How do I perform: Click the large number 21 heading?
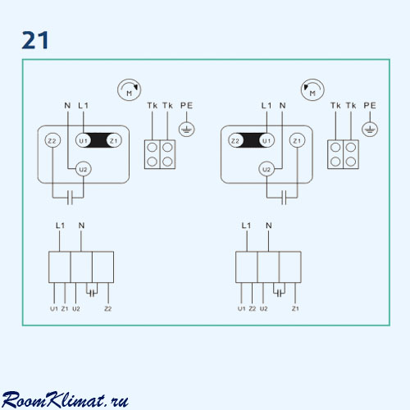35,40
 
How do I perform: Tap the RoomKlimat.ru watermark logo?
65,400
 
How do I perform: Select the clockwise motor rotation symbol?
130,90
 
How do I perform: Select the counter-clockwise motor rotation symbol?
312,90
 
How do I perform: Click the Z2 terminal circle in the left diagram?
52,141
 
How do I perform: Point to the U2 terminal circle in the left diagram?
83,170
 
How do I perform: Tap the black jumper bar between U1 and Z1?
98,140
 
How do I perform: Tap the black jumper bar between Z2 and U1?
251,140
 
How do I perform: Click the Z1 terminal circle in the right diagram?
297,141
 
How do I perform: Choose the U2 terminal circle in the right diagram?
266,170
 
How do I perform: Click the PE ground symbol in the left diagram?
187,130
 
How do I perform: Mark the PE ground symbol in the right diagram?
370,130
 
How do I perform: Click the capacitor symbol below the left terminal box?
70,198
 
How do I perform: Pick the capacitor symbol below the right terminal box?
284,198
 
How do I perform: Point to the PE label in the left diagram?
187,106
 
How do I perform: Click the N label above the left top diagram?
67,106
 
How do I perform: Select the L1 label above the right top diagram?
266,106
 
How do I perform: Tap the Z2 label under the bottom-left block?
108,308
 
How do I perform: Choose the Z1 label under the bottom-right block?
295,308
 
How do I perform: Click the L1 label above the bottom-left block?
60,225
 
